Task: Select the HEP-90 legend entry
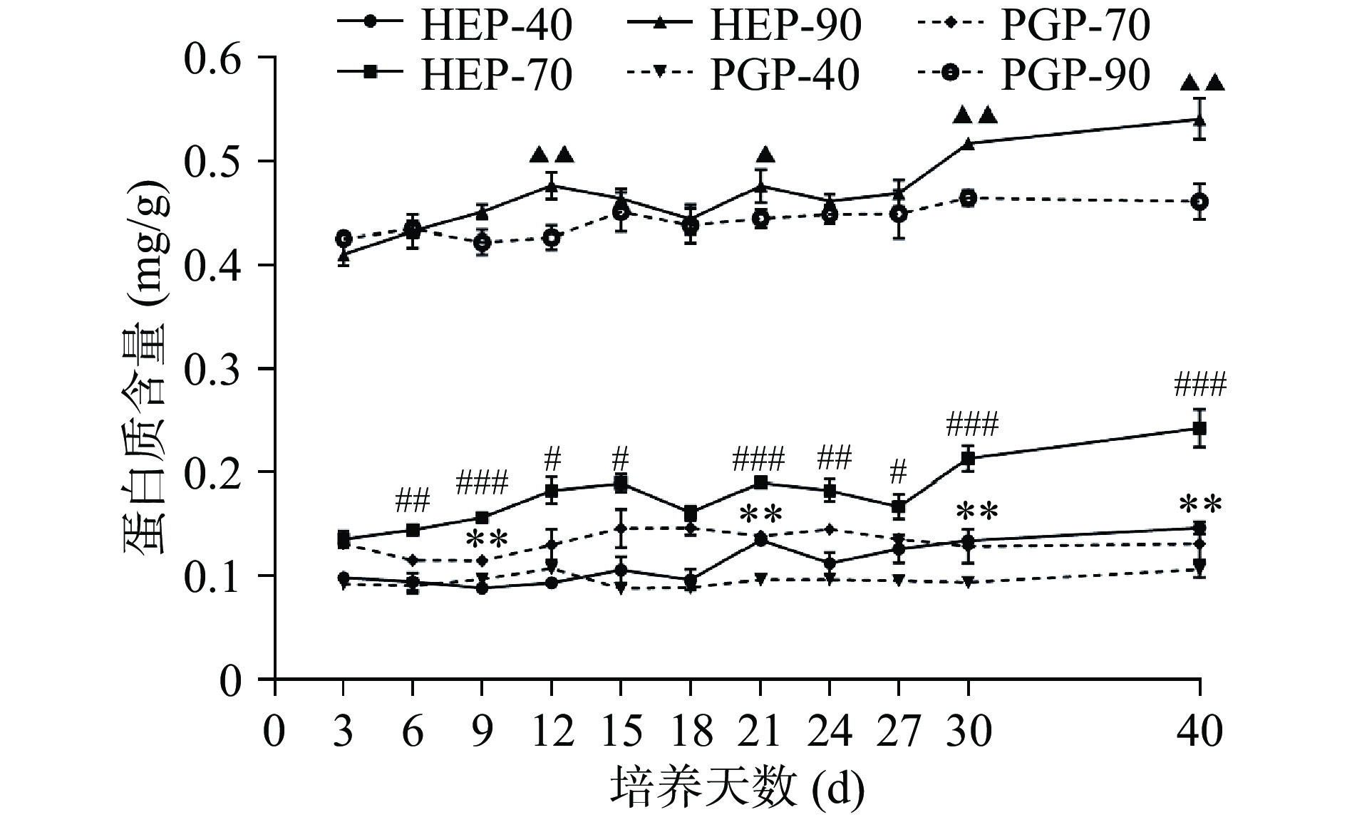pos(745,26)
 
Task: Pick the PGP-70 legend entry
pos(1033,26)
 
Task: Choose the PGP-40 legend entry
pos(745,74)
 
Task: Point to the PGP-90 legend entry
pos(1033,74)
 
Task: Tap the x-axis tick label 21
pos(760,732)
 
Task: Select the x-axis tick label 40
pos(1200,732)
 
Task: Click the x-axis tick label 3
pos(344,732)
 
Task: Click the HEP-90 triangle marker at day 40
pos(1199,120)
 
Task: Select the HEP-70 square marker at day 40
pos(1199,429)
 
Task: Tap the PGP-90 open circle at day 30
pos(969,198)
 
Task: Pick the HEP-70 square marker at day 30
pos(969,458)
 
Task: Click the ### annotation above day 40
pos(1200,387)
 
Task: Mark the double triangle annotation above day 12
pos(552,155)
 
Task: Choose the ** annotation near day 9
pos(487,539)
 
